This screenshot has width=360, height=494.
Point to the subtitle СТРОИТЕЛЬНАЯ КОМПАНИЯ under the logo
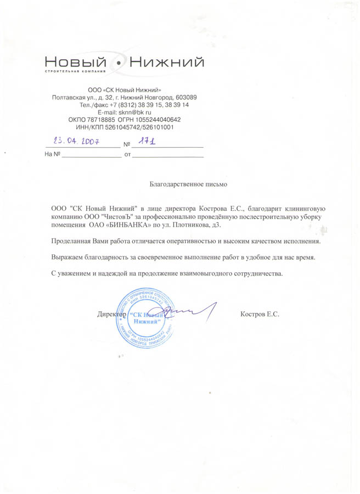point(75,72)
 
